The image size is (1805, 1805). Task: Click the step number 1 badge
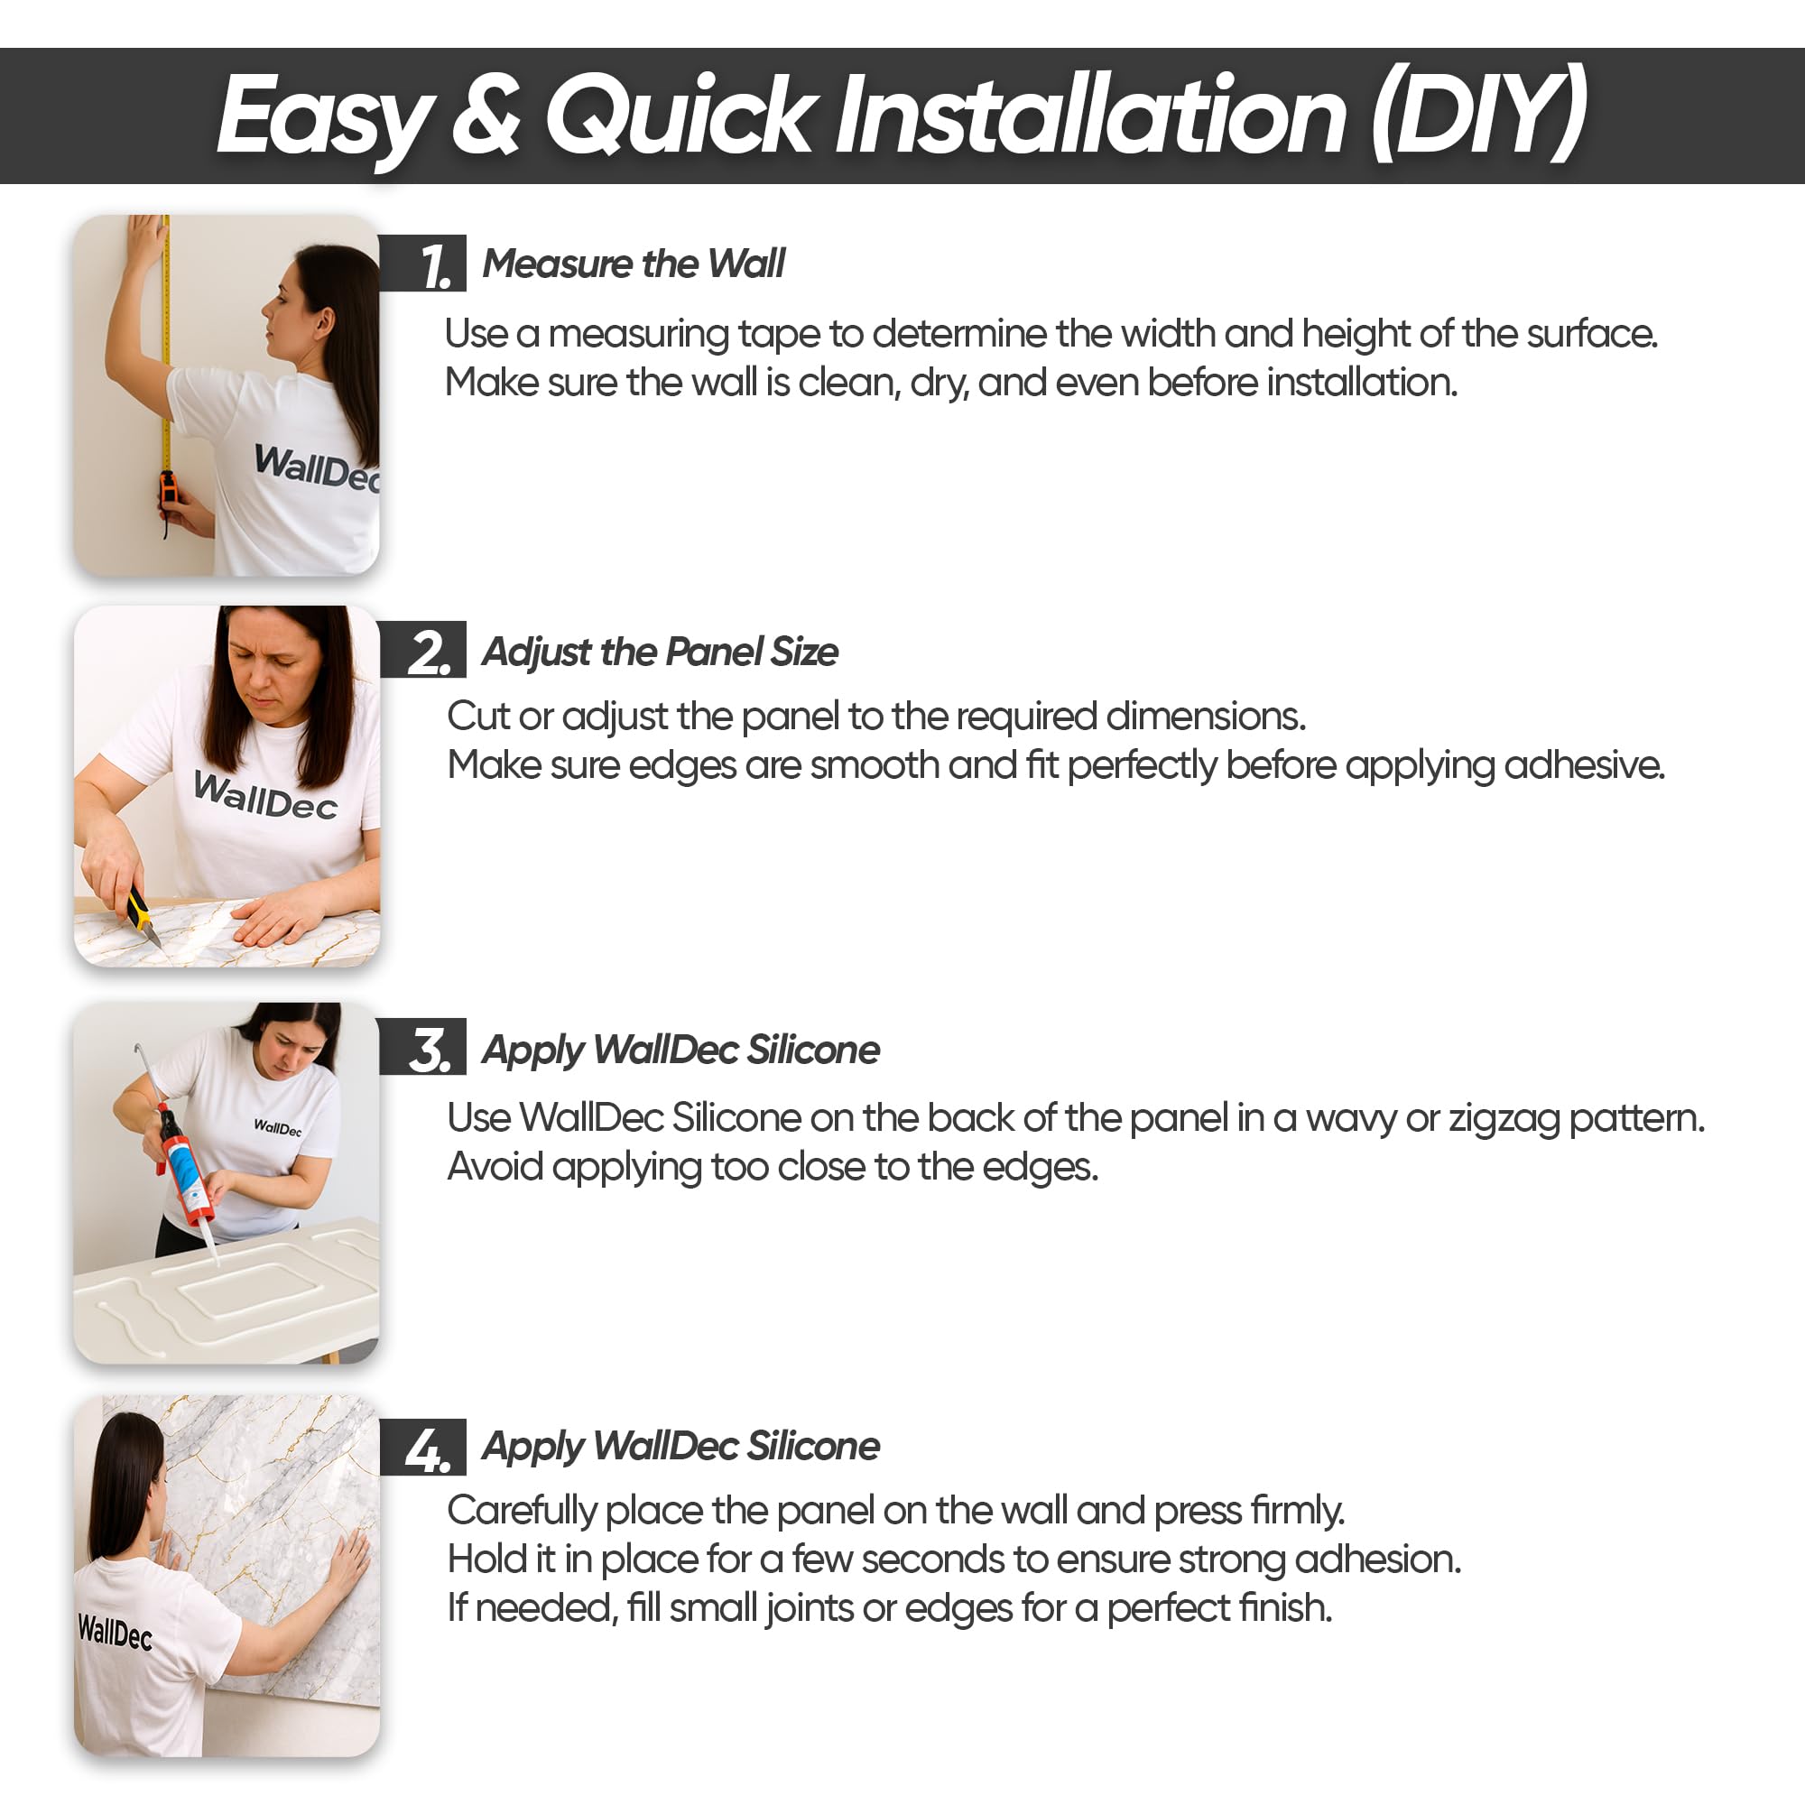pos(423,264)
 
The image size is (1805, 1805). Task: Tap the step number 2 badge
pos(423,649)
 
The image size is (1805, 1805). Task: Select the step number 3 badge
pos(423,1046)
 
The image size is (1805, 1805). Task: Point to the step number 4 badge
pos(423,1446)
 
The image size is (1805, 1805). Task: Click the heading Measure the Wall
pos(634,264)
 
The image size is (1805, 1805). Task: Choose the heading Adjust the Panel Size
pos(660,653)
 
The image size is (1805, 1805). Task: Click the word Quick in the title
pos(680,116)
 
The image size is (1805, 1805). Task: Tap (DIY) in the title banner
pos(1480,114)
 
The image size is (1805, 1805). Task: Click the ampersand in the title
pos(486,116)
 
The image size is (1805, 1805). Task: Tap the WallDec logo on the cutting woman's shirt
pos(265,797)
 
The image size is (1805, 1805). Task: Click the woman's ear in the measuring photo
pos(325,322)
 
